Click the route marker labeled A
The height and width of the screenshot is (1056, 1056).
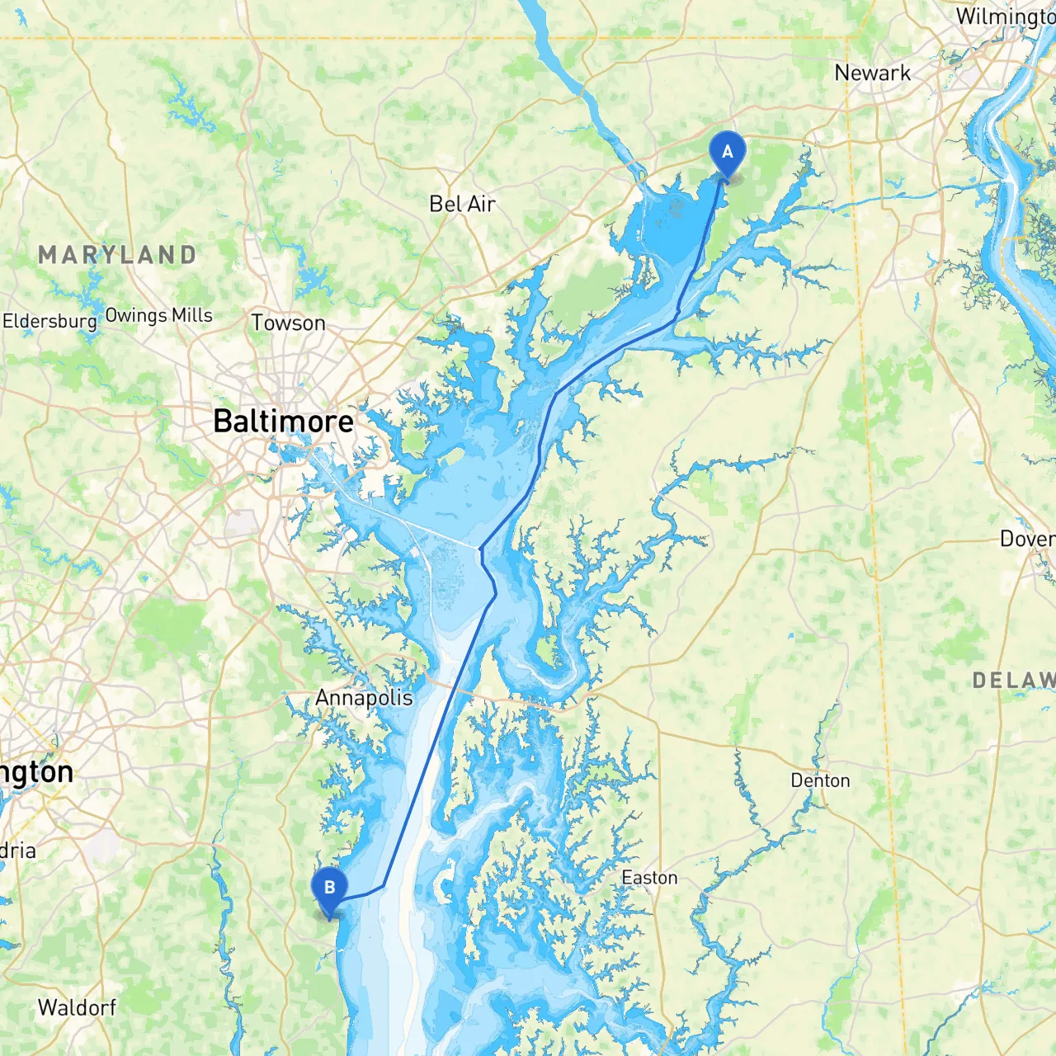click(x=727, y=153)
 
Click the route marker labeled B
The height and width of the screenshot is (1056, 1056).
click(x=329, y=889)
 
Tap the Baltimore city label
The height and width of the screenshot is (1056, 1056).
click(x=283, y=422)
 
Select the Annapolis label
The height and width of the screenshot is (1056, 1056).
click(x=364, y=698)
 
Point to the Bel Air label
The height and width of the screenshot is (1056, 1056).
click(x=462, y=204)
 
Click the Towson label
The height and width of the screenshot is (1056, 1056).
click(x=288, y=323)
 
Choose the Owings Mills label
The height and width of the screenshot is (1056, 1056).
click(x=158, y=315)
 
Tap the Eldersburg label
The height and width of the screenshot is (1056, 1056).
click(x=49, y=321)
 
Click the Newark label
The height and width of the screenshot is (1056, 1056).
click(x=872, y=73)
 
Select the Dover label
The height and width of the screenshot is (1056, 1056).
click(x=1026, y=539)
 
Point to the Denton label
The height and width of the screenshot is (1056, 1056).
click(x=820, y=780)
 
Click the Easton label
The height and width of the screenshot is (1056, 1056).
click(x=649, y=878)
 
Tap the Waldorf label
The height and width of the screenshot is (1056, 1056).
click(x=77, y=1007)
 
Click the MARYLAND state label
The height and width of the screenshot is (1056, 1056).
click(x=117, y=255)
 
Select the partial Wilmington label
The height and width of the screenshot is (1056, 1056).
click(x=1005, y=16)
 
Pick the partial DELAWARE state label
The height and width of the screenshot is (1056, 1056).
click(x=1013, y=681)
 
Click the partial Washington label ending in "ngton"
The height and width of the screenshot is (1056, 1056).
click(x=36, y=772)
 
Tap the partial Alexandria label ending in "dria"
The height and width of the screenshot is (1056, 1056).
click(x=17, y=851)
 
